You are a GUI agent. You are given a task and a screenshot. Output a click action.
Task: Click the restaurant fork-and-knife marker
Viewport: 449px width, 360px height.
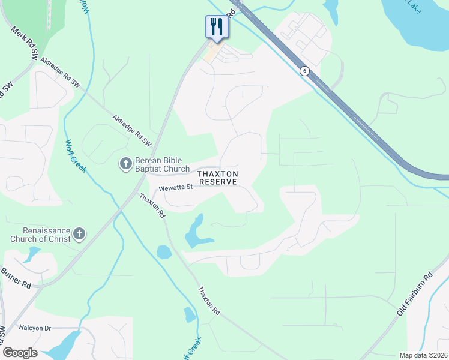(216, 26)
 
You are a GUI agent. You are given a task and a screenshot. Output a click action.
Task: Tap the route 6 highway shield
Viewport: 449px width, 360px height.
(305, 71)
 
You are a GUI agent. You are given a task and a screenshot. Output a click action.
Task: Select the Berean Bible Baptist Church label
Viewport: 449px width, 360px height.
(162, 165)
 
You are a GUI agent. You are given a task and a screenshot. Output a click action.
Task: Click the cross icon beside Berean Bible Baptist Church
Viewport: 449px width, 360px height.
(126, 163)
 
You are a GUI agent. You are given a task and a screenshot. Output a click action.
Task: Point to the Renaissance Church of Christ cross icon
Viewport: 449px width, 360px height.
(80, 234)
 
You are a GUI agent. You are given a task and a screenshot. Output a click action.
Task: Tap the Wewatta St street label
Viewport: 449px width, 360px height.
(175, 188)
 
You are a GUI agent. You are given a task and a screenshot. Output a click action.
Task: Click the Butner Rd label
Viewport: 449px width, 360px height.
(16, 278)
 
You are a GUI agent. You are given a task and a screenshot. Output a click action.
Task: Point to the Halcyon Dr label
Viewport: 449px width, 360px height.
(35, 328)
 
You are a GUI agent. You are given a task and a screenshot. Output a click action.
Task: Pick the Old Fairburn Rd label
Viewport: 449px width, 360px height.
(415, 295)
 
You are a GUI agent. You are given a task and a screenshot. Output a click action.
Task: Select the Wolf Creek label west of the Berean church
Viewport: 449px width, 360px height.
(76, 155)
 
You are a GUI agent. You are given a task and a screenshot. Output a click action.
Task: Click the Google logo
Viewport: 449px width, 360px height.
(20, 353)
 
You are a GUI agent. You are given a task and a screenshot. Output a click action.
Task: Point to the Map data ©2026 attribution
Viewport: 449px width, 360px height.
(423, 355)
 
